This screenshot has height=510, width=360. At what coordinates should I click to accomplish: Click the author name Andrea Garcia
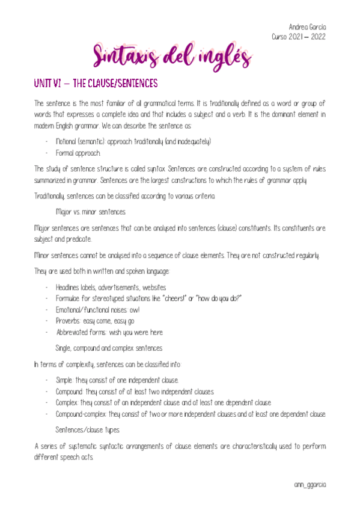click(x=308, y=27)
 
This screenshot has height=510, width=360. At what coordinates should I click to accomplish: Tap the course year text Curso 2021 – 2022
click(x=299, y=37)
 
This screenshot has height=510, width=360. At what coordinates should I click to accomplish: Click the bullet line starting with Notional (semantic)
click(x=133, y=141)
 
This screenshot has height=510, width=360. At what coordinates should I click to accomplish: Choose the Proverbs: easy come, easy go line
click(x=95, y=321)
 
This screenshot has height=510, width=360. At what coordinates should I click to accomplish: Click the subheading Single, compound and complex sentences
click(x=108, y=348)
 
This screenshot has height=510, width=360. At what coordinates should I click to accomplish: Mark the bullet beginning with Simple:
click(x=117, y=380)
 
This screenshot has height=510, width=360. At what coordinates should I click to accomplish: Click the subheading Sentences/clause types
click(x=88, y=429)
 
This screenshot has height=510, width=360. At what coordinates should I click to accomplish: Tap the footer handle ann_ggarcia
click(x=310, y=484)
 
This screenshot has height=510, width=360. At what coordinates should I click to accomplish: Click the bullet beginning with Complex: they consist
click(x=163, y=403)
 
